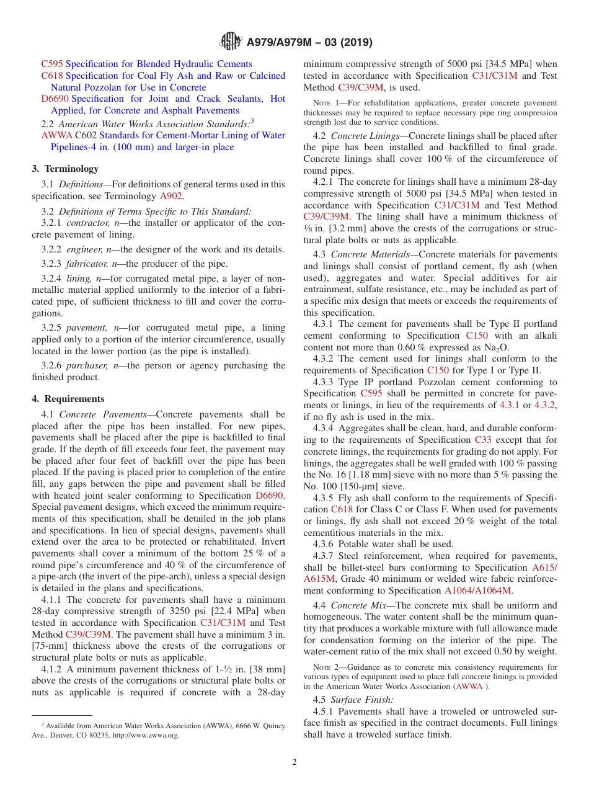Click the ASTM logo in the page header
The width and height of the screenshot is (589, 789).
pyautogui.click(x=231, y=42)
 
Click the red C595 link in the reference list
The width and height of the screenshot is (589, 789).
pyautogui.click(x=51, y=64)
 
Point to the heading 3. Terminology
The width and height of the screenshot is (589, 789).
pyautogui.click(x=65, y=169)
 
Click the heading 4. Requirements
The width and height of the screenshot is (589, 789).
pyautogui.click(x=68, y=399)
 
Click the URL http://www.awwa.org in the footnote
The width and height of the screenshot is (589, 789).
pyautogui.click(x=145, y=735)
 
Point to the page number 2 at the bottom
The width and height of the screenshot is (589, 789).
pyautogui.click(x=294, y=762)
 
